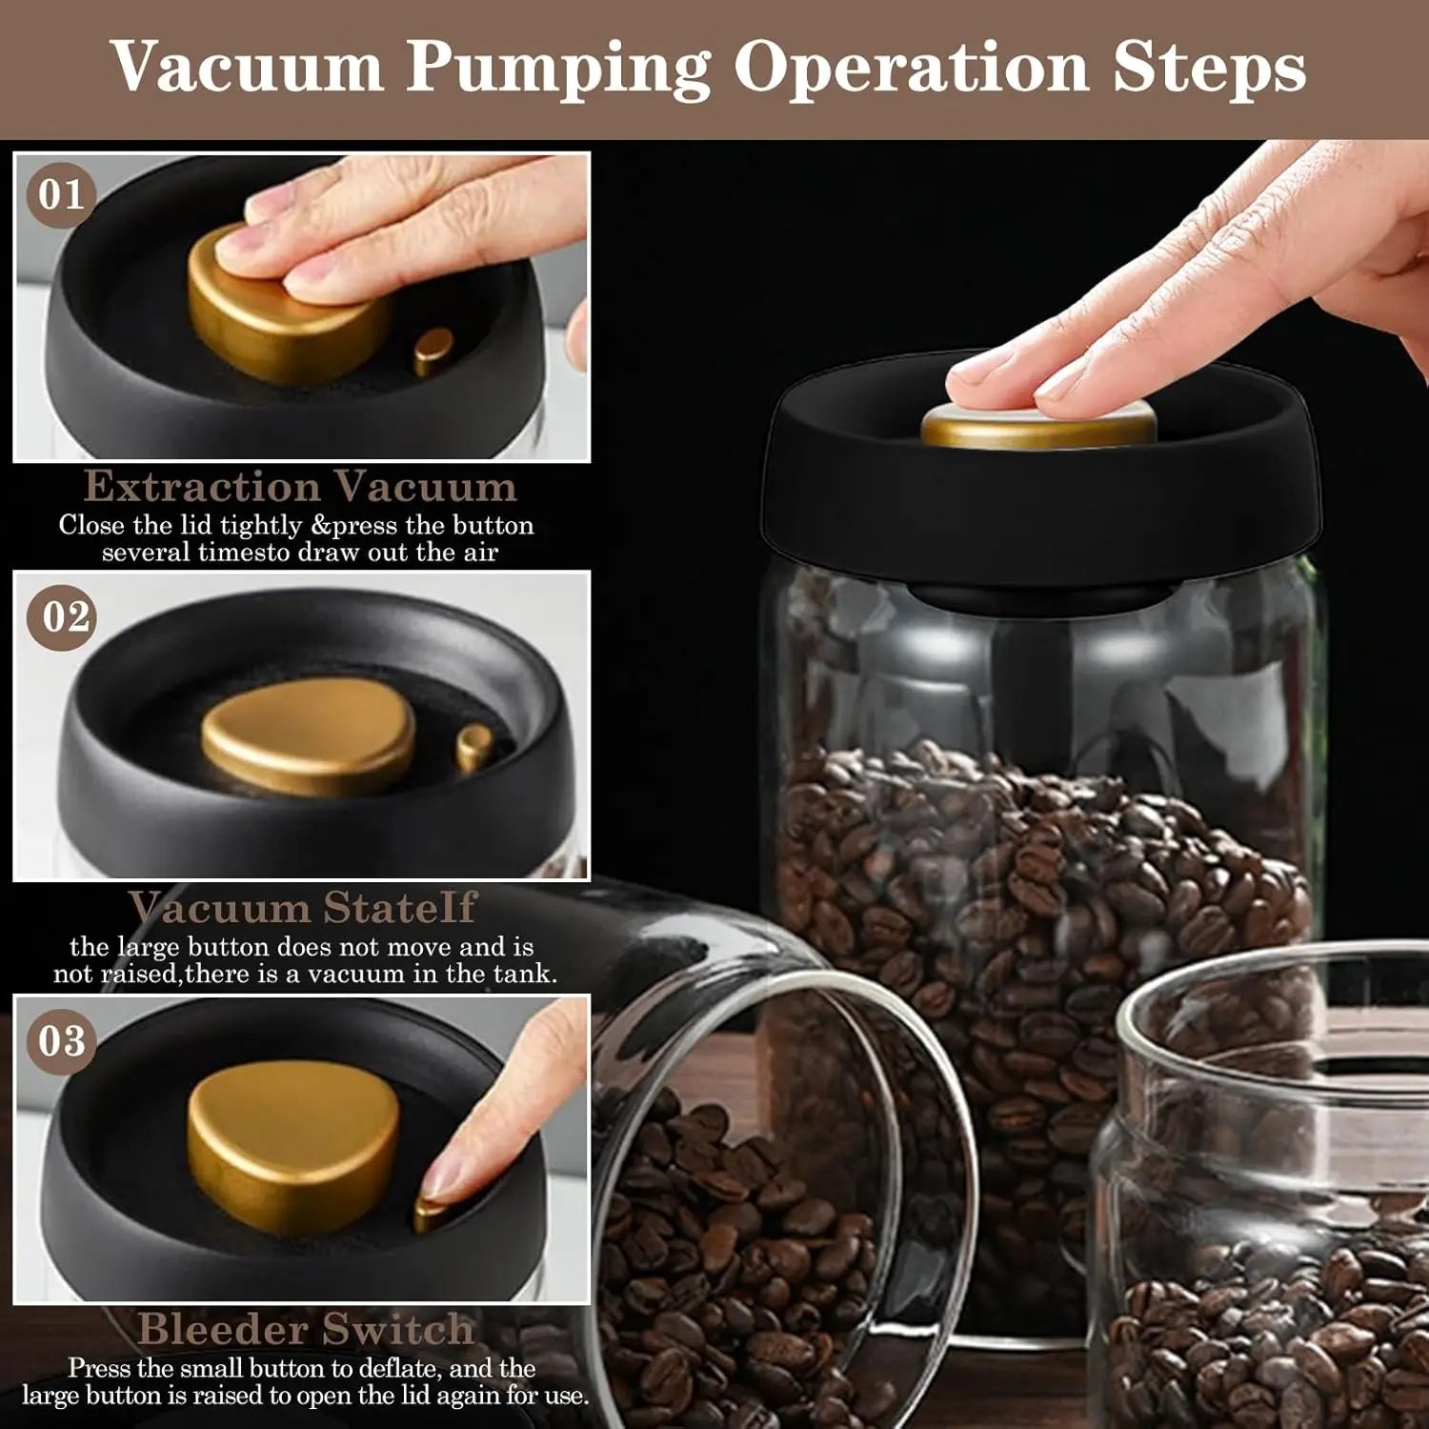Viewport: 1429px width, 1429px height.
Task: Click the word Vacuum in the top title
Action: pyautogui.click(x=248, y=68)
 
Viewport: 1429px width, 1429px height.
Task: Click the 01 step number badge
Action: pyautogui.click(x=61, y=194)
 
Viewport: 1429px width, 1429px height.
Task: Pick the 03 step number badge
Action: pyautogui.click(x=62, y=1040)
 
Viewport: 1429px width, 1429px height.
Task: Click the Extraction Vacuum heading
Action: pyautogui.click(x=300, y=487)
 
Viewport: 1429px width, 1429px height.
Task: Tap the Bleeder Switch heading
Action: pyautogui.click(x=305, y=1329)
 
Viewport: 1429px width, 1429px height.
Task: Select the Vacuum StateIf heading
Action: pyautogui.click(x=302, y=908)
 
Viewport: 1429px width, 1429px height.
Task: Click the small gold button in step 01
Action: pyautogui.click(x=433, y=351)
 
